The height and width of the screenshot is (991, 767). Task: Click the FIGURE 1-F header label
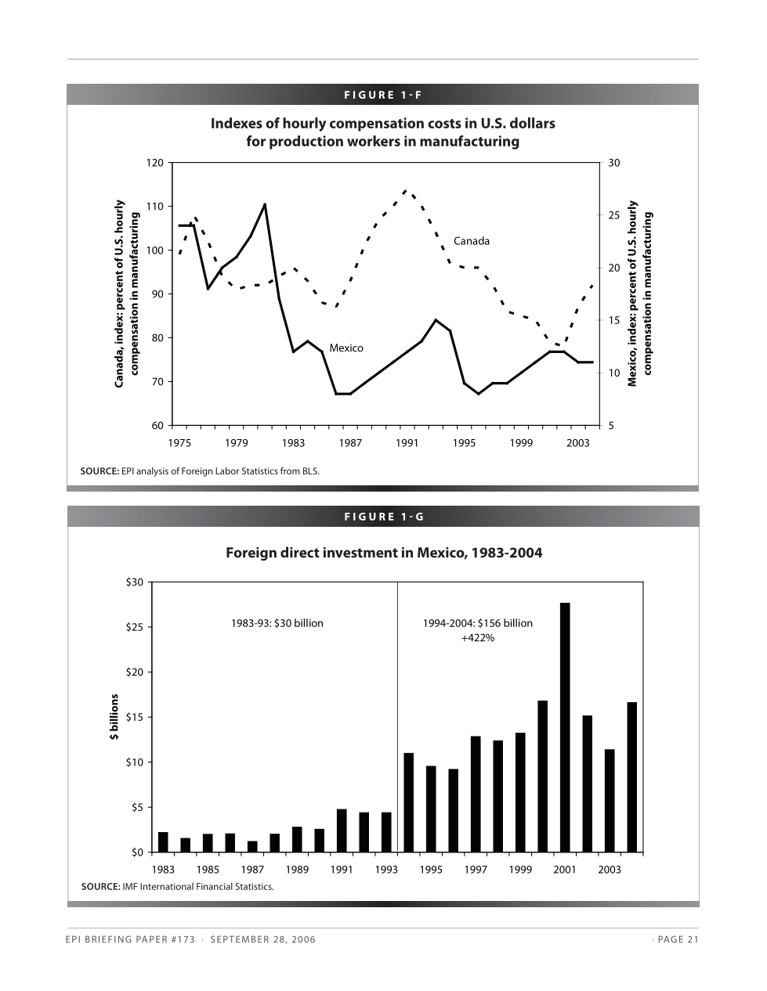(x=382, y=95)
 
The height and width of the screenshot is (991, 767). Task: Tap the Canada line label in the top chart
(x=471, y=241)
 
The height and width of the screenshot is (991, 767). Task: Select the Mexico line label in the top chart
(x=346, y=348)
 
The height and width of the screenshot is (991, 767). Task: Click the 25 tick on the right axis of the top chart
(x=614, y=215)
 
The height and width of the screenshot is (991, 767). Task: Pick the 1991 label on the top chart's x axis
(x=407, y=443)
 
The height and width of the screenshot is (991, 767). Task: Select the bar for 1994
(x=408, y=802)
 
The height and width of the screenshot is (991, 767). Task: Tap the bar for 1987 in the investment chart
(x=252, y=846)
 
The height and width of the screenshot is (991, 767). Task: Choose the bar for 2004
(x=631, y=777)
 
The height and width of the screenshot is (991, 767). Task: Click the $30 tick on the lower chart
(x=134, y=582)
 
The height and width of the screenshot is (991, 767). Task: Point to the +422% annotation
(x=477, y=638)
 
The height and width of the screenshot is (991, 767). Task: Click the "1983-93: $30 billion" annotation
(x=277, y=624)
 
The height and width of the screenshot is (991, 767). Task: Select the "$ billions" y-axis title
(x=114, y=716)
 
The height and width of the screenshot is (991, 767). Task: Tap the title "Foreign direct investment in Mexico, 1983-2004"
(x=383, y=553)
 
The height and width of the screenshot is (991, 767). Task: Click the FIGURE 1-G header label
(x=383, y=517)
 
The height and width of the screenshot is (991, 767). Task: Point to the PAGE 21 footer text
(x=678, y=940)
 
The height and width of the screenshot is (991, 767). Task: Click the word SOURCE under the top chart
(x=99, y=471)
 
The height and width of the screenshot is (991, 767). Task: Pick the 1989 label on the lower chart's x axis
(x=297, y=870)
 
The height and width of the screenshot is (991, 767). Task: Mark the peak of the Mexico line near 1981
(x=265, y=204)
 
